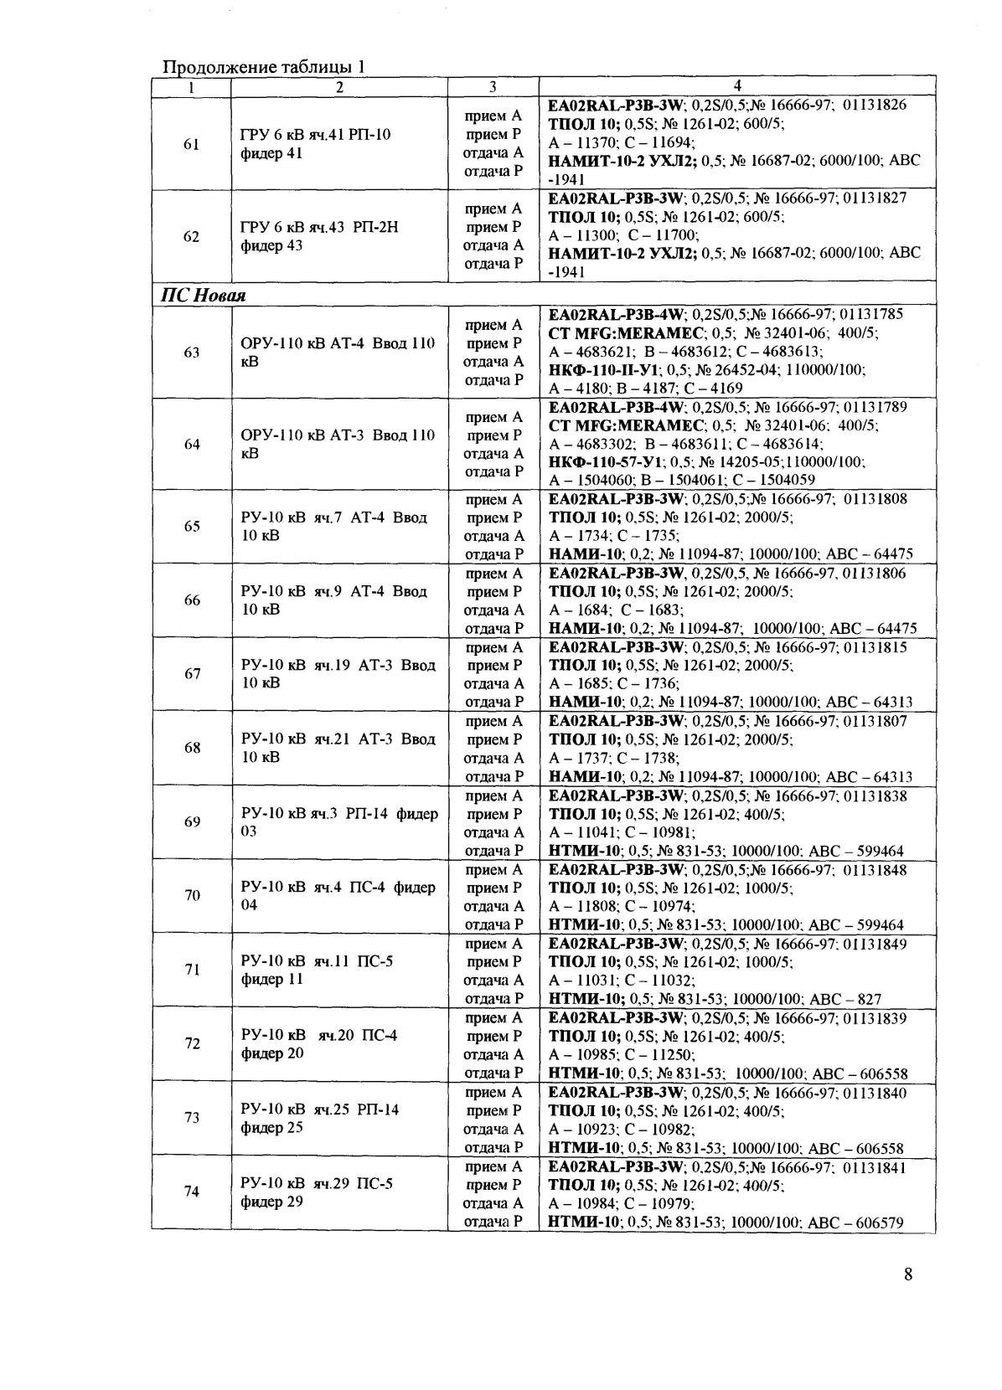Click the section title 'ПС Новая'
(203, 296)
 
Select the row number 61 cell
(192, 144)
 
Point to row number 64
(192, 444)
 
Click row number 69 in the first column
(192, 822)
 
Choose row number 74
(192, 1192)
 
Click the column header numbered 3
(493, 86)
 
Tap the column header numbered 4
(736, 85)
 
